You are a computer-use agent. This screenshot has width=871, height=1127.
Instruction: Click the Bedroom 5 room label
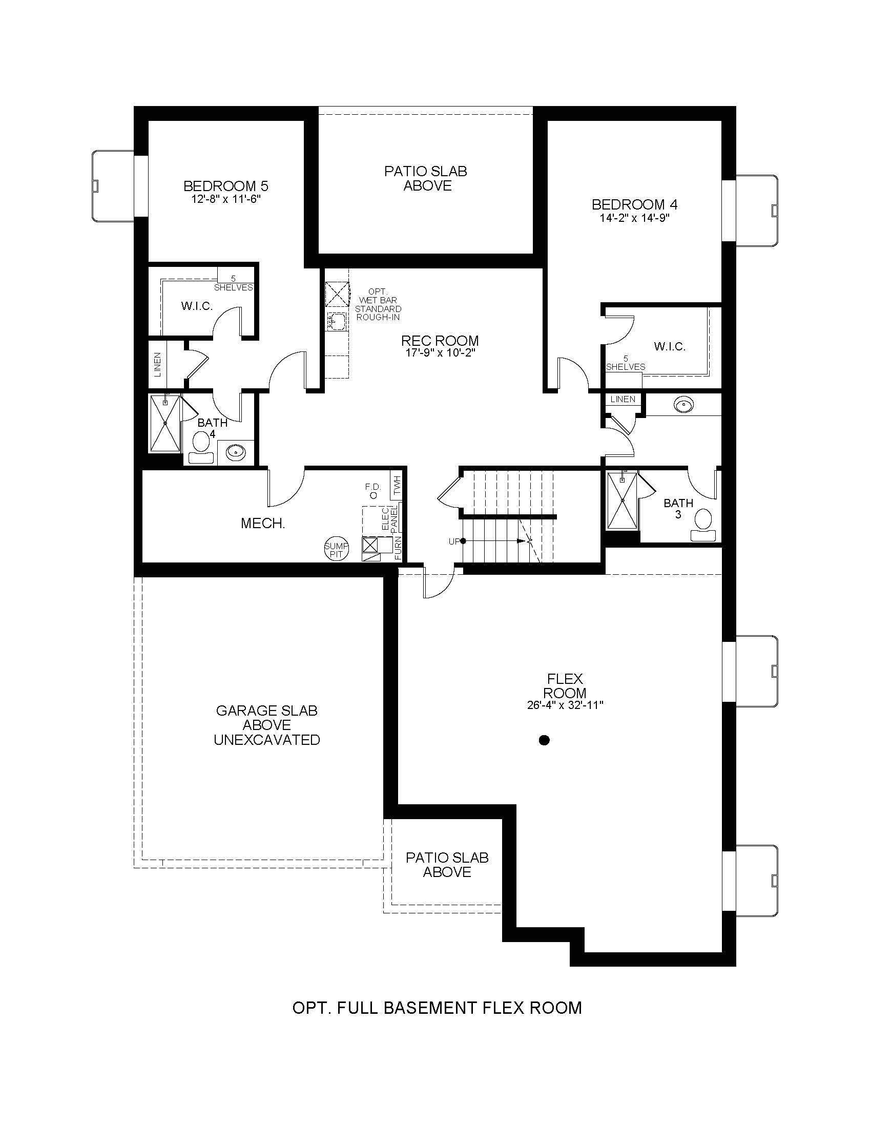click(226, 185)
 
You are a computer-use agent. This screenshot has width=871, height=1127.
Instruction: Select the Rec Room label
click(440, 341)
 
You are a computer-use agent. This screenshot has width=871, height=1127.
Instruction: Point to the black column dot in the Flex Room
click(543, 741)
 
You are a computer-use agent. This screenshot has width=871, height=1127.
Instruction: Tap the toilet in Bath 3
click(704, 525)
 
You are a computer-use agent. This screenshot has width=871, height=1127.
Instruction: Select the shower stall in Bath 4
click(165, 424)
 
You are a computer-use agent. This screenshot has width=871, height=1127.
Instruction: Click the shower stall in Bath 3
click(623, 500)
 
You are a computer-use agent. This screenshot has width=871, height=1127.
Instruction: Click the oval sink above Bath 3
click(683, 405)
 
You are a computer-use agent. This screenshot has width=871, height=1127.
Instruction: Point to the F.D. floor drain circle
click(373, 495)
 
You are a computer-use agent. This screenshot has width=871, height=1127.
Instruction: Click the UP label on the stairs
click(454, 541)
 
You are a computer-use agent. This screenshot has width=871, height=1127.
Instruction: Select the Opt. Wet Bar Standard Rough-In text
click(378, 304)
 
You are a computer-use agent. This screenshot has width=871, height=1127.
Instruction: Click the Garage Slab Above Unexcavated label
click(267, 725)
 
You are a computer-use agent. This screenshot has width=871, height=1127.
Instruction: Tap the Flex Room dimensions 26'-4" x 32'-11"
click(565, 705)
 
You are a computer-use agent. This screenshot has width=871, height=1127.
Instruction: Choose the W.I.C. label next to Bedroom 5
click(197, 306)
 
